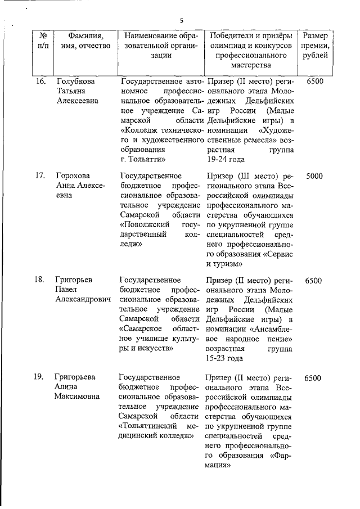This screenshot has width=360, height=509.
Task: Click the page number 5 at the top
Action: pyautogui.click(x=181, y=21)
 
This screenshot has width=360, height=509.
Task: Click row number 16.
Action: pyautogui.click(x=40, y=82)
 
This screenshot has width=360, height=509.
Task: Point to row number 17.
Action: pyautogui.click(x=40, y=175)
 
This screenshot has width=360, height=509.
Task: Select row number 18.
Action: pyautogui.click(x=40, y=280)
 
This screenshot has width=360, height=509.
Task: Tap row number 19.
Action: pyautogui.click(x=40, y=377)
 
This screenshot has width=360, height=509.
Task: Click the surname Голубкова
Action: pyautogui.click(x=76, y=82)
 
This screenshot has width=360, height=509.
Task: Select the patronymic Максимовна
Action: pyautogui.click(x=78, y=398)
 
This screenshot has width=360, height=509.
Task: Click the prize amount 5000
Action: pyautogui.click(x=314, y=175)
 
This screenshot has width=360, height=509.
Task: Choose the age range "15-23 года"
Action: pyautogui.click(x=224, y=358)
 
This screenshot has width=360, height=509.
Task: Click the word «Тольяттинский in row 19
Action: pyautogui.click(x=148, y=425)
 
